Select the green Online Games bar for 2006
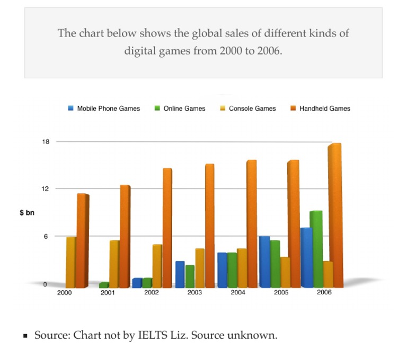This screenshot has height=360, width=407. pos(316,249)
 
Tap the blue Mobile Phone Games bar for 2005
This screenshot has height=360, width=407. pos(264,262)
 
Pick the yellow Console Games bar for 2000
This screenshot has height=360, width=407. pos(70,262)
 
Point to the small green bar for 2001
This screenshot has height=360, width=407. pos(104,285)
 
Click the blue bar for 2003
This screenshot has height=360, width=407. pos(180,274)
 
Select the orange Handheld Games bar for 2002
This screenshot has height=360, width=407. pos(167,228)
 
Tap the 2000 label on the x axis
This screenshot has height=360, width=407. pos(64,293)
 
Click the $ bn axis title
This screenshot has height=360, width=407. pos(27,213)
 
